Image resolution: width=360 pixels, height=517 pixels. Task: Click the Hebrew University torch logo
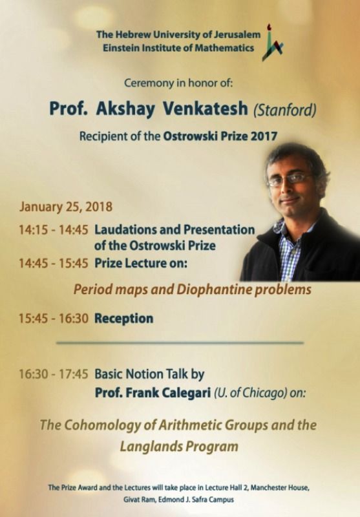coord(272,43)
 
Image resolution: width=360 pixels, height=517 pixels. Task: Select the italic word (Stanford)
coord(285,110)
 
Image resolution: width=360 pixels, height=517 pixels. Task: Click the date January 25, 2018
coord(66,207)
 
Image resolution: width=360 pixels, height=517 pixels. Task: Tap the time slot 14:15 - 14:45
coord(54,230)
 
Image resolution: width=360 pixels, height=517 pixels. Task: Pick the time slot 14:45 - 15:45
coord(54,264)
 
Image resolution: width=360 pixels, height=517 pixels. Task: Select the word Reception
coord(124,319)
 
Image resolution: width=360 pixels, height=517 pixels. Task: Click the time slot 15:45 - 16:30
coord(54,319)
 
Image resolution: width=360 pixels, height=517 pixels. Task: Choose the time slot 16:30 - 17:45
coord(54,374)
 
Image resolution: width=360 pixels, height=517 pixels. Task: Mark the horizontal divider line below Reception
coord(180,343)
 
